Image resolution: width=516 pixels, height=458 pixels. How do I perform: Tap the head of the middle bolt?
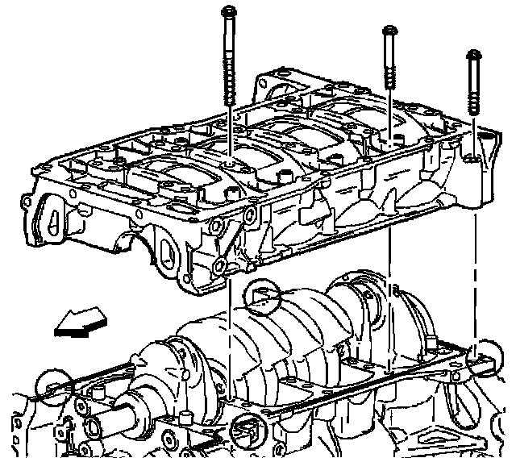[x=390, y=31]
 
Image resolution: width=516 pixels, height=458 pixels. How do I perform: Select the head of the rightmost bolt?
[x=472, y=56]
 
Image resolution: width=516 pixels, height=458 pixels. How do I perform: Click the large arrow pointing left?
[x=81, y=324]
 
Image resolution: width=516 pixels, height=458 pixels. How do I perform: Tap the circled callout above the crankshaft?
[x=264, y=298]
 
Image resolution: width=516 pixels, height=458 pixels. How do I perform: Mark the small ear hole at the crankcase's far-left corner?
[x=27, y=198]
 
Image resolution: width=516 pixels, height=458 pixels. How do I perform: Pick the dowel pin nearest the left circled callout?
[x=97, y=393]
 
